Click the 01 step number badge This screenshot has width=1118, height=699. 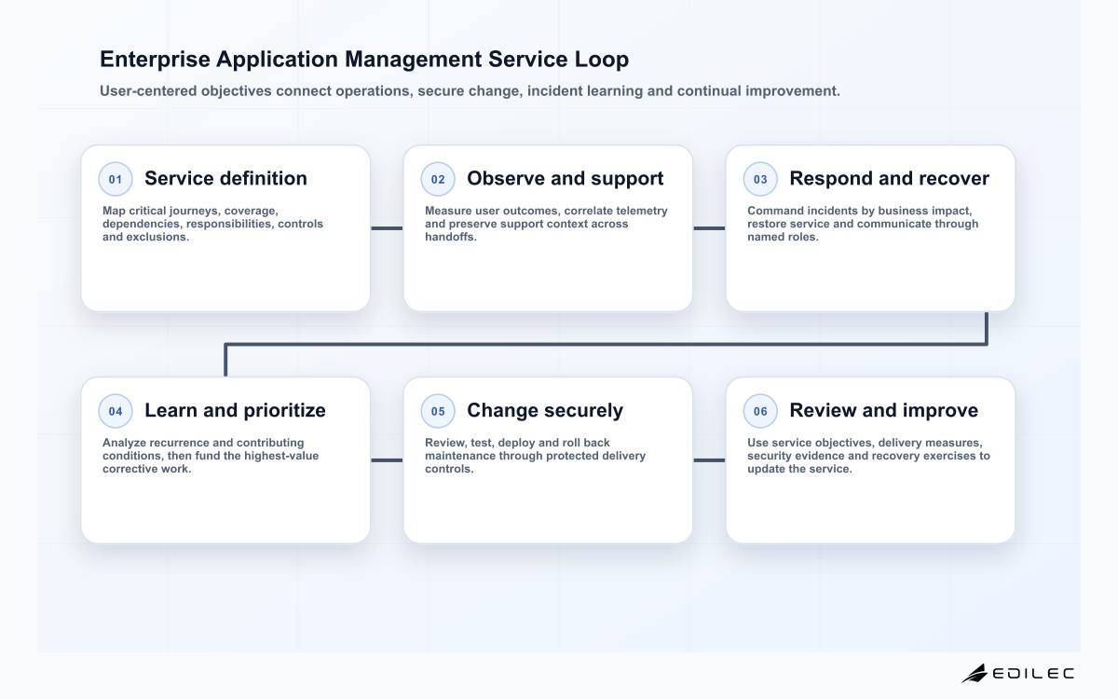pos(116,179)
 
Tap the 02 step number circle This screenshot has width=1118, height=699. pos(438,179)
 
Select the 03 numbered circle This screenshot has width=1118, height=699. pos(760,179)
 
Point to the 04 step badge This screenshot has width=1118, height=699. pos(116,411)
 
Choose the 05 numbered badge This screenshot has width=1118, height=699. pos(438,411)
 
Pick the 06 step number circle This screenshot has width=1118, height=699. pos(760,411)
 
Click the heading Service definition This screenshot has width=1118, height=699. pos(225,178)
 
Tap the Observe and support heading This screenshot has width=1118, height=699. pos(565,179)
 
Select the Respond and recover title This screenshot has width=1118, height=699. pos(889,179)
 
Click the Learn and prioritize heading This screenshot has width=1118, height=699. pos(235,411)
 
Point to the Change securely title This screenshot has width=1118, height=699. pos(545,411)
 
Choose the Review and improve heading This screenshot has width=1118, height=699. pos(883,411)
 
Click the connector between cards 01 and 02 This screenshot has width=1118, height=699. pos(387,228)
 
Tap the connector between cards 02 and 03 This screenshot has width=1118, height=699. pos(709,228)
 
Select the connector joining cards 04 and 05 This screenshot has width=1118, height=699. pos(387,460)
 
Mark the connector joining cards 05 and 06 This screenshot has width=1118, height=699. pos(709,460)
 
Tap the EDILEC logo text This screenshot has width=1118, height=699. pos(1033,674)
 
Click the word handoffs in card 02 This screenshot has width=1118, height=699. pos(451,237)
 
